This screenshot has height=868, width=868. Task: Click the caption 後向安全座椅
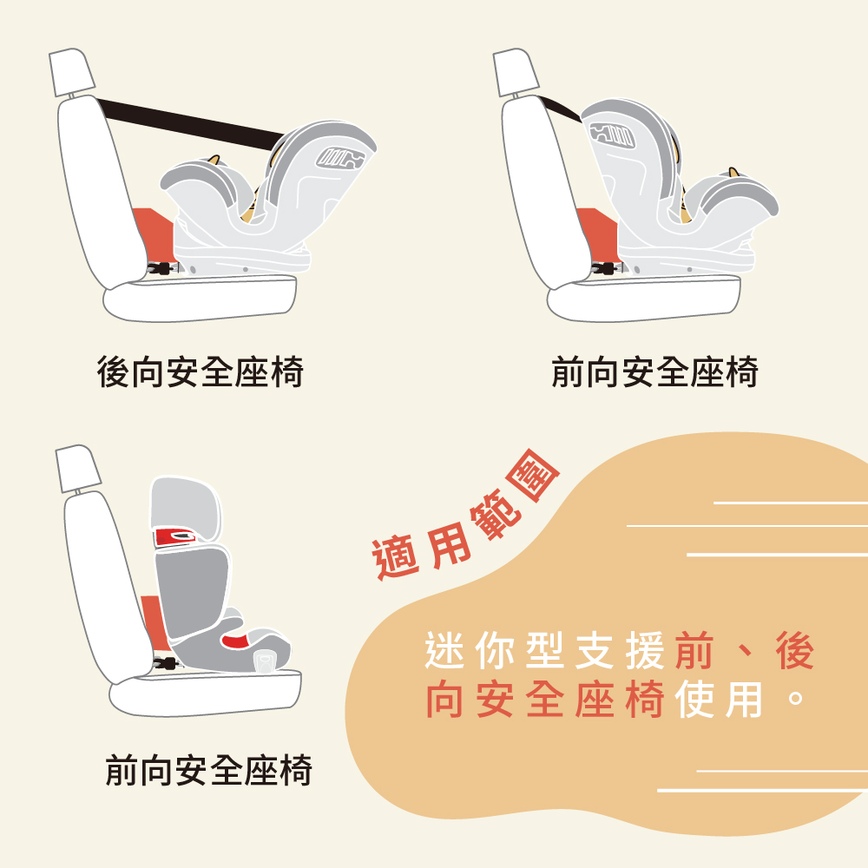click(x=200, y=372)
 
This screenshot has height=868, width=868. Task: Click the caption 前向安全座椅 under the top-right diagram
click(x=654, y=372)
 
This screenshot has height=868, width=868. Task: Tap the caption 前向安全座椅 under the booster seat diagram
click(x=208, y=769)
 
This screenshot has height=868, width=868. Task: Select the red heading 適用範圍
click(x=465, y=515)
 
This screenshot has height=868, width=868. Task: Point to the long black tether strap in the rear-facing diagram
click(x=191, y=124)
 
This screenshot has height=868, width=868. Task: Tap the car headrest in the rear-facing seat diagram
click(x=72, y=72)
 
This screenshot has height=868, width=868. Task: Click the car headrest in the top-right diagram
click(x=516, y=72)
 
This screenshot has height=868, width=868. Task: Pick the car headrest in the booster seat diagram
click(x=78, y=469)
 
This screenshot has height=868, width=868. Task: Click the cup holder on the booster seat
click(x=265, y=661)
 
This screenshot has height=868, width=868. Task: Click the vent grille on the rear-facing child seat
click(x=340, y=158)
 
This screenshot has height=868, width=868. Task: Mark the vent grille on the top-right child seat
click(x=612, y=134)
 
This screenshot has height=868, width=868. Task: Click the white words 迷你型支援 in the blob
click(x=544, y=651)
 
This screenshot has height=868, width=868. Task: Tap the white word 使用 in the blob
click(x=719, y=699)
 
